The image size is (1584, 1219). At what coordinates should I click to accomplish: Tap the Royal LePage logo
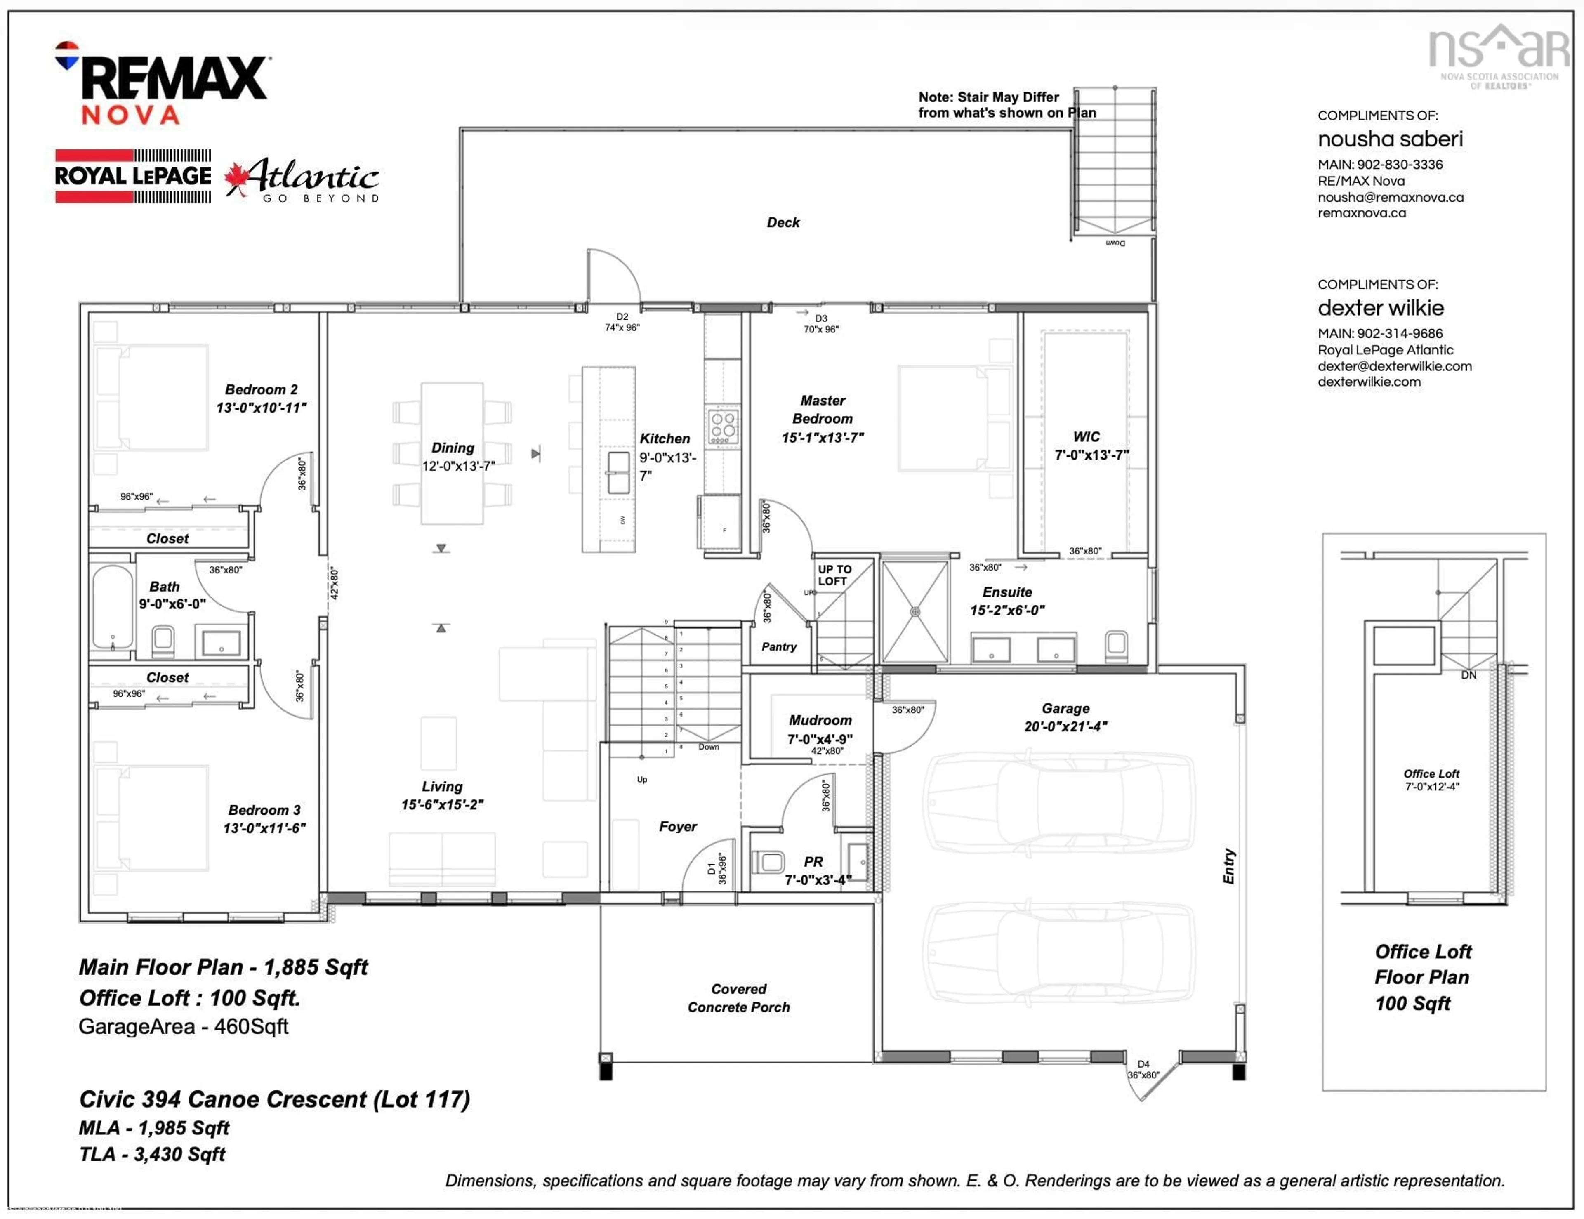pos(134,175)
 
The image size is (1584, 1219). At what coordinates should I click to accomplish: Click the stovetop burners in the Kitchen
pos(723,425)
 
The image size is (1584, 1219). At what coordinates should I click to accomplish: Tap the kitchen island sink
pos(618,472)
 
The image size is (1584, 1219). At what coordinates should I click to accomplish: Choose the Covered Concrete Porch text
pos(738,998)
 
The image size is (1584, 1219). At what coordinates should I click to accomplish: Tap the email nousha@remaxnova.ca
pos(1391,197)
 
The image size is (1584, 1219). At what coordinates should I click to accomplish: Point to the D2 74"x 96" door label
pos(622,322)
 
